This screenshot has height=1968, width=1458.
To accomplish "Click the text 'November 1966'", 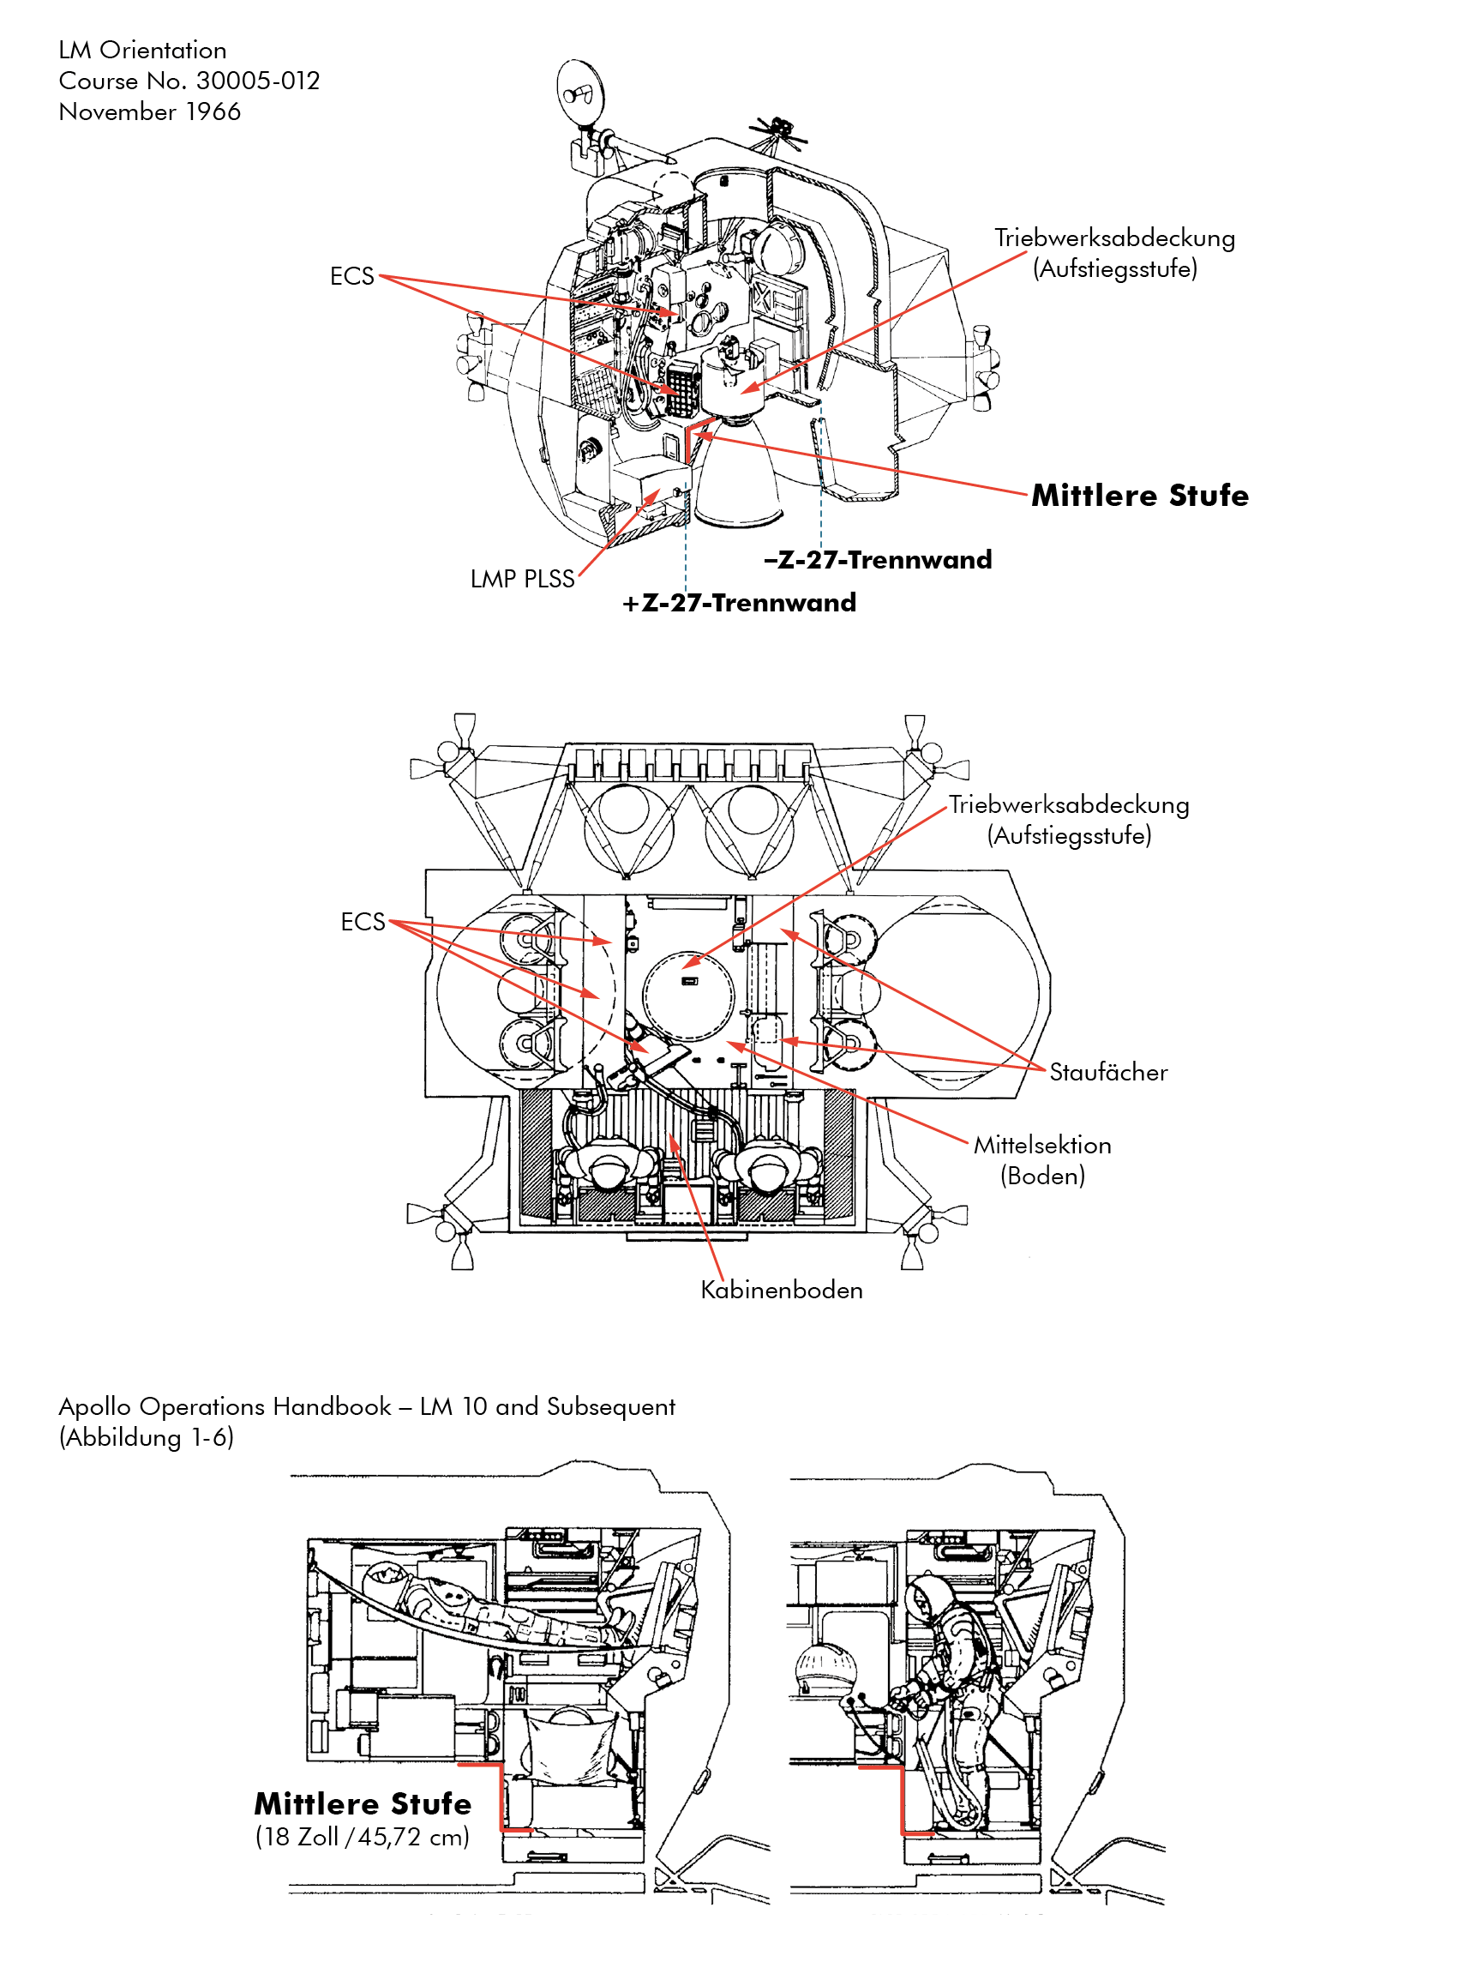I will tap(149, 112).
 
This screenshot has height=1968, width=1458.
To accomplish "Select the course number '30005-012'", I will tap(258, 81).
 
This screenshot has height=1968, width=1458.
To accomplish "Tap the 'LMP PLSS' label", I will tap(522, 579).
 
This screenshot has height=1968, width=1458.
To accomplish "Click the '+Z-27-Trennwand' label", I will tap(739, 603).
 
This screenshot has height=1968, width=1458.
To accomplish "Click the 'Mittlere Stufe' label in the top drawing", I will tap(1139, 496).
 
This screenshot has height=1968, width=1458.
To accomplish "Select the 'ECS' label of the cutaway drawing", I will tap(351, 276).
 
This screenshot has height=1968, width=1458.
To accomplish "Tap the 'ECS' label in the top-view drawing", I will tap(363, 922).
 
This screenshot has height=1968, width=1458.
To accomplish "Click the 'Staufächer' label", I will tap(1107, 1072).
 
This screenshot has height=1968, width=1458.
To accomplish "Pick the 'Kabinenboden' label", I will tap(781, 1290).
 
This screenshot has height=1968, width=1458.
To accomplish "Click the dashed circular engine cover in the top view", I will tap(688, 993).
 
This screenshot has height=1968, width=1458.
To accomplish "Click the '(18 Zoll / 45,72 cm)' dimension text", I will tap(362, 1838).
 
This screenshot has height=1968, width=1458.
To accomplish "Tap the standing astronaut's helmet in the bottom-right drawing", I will tap(928, 1596).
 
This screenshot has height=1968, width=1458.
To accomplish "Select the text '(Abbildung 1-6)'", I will tap(147, 1437).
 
